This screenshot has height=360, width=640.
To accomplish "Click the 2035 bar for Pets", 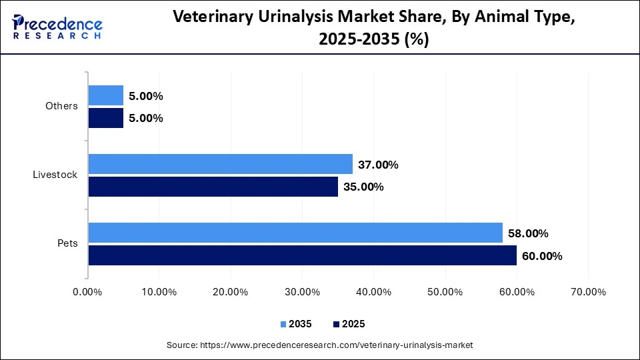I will click(295, 233).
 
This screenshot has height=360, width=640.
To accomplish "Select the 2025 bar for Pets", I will click(302, 255).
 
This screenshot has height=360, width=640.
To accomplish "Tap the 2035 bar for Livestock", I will click(220, 164).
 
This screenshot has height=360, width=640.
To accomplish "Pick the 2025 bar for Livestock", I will click(213, 187).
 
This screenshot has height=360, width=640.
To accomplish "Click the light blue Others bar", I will click(105, 95).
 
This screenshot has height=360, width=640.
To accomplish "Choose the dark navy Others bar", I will click(105, 118).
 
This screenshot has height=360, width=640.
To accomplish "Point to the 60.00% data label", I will click(542, 256).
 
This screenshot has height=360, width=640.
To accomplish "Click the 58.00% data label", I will click(527, 233).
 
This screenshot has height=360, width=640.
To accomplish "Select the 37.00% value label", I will click(378, 165).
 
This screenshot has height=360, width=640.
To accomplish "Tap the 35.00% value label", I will click(363, 187).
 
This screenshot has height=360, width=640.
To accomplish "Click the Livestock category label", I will click(55, 175).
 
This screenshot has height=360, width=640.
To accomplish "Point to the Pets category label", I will click(67, 243).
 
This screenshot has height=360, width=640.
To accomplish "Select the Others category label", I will click(61, 106).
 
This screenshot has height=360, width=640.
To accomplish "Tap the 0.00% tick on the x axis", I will click(87, 292).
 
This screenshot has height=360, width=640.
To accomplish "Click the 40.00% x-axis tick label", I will click(373, 292).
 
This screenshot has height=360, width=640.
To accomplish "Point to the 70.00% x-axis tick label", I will click(588, 292).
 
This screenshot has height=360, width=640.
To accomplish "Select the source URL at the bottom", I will click(319, 345).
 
